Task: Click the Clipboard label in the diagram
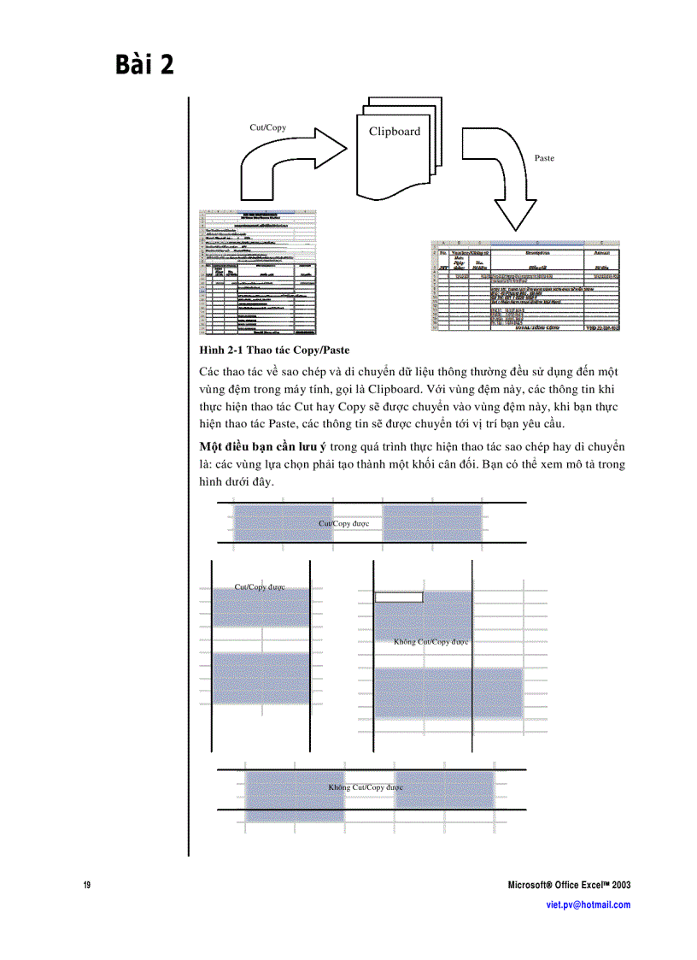pos(395,132)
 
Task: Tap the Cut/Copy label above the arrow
pos(267,127)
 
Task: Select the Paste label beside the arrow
pos(544,158)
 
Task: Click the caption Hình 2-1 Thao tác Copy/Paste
pos(274,350)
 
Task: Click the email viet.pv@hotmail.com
pos(588,904)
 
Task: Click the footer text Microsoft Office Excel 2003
pos(569,885)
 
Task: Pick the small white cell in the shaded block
pos(399,597)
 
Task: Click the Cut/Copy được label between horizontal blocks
pos(343,523)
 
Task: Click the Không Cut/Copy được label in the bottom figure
pos(366,786)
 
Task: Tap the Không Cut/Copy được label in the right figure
pos(431,641)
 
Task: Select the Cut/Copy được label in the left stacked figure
pos(260,587)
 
